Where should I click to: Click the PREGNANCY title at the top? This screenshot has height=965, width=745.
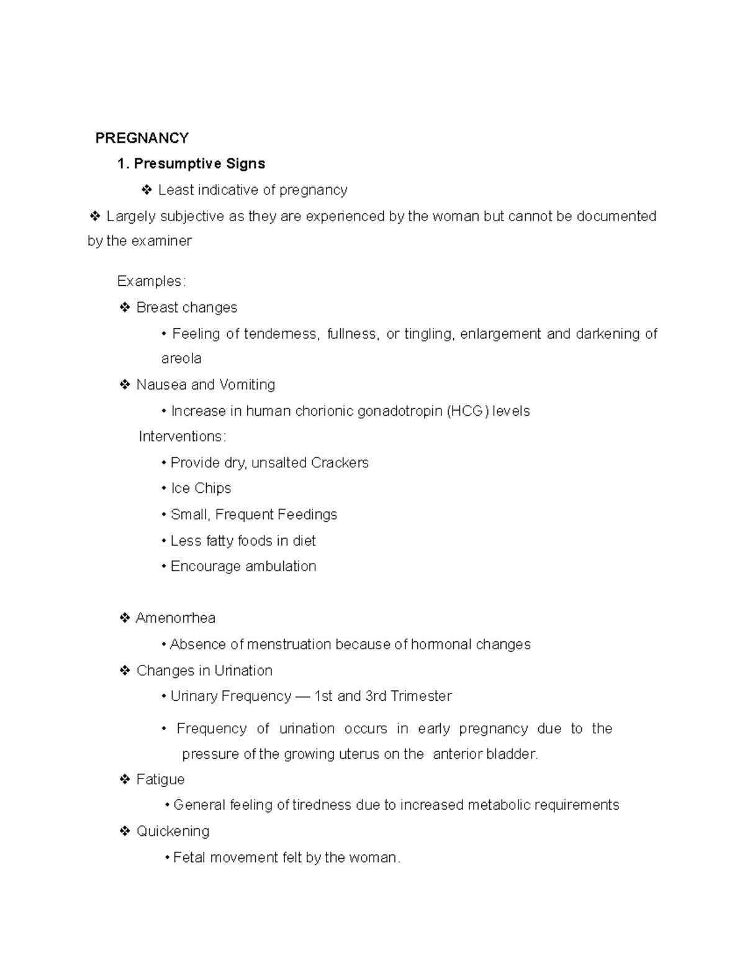pyautogui.click(x=142, y=138)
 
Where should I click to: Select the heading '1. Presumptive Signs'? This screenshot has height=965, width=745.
pyautogui.click(x=191, y=164)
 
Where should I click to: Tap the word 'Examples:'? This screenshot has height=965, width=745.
pyautogui.click(x=151, y=281)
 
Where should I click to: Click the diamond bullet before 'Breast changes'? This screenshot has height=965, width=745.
pyautogui.click(x=125, y=308)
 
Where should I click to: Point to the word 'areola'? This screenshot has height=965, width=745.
pyautogui.click(x=181, y=359)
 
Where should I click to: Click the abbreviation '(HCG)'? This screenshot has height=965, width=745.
pyautogui.click(x=467, y=411)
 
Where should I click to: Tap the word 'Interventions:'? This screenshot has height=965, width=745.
pyautogui.click(x=183, y=437)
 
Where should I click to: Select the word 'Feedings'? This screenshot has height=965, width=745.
pyautogui.click(x=307, y=515)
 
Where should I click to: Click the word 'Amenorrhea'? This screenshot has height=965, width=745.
pyautogui.click(x=176, y=618)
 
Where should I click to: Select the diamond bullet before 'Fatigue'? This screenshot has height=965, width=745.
pyautogui.click(x=125, y=779)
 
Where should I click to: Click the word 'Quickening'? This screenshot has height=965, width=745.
pyautogui.click(x=173, y=831)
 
